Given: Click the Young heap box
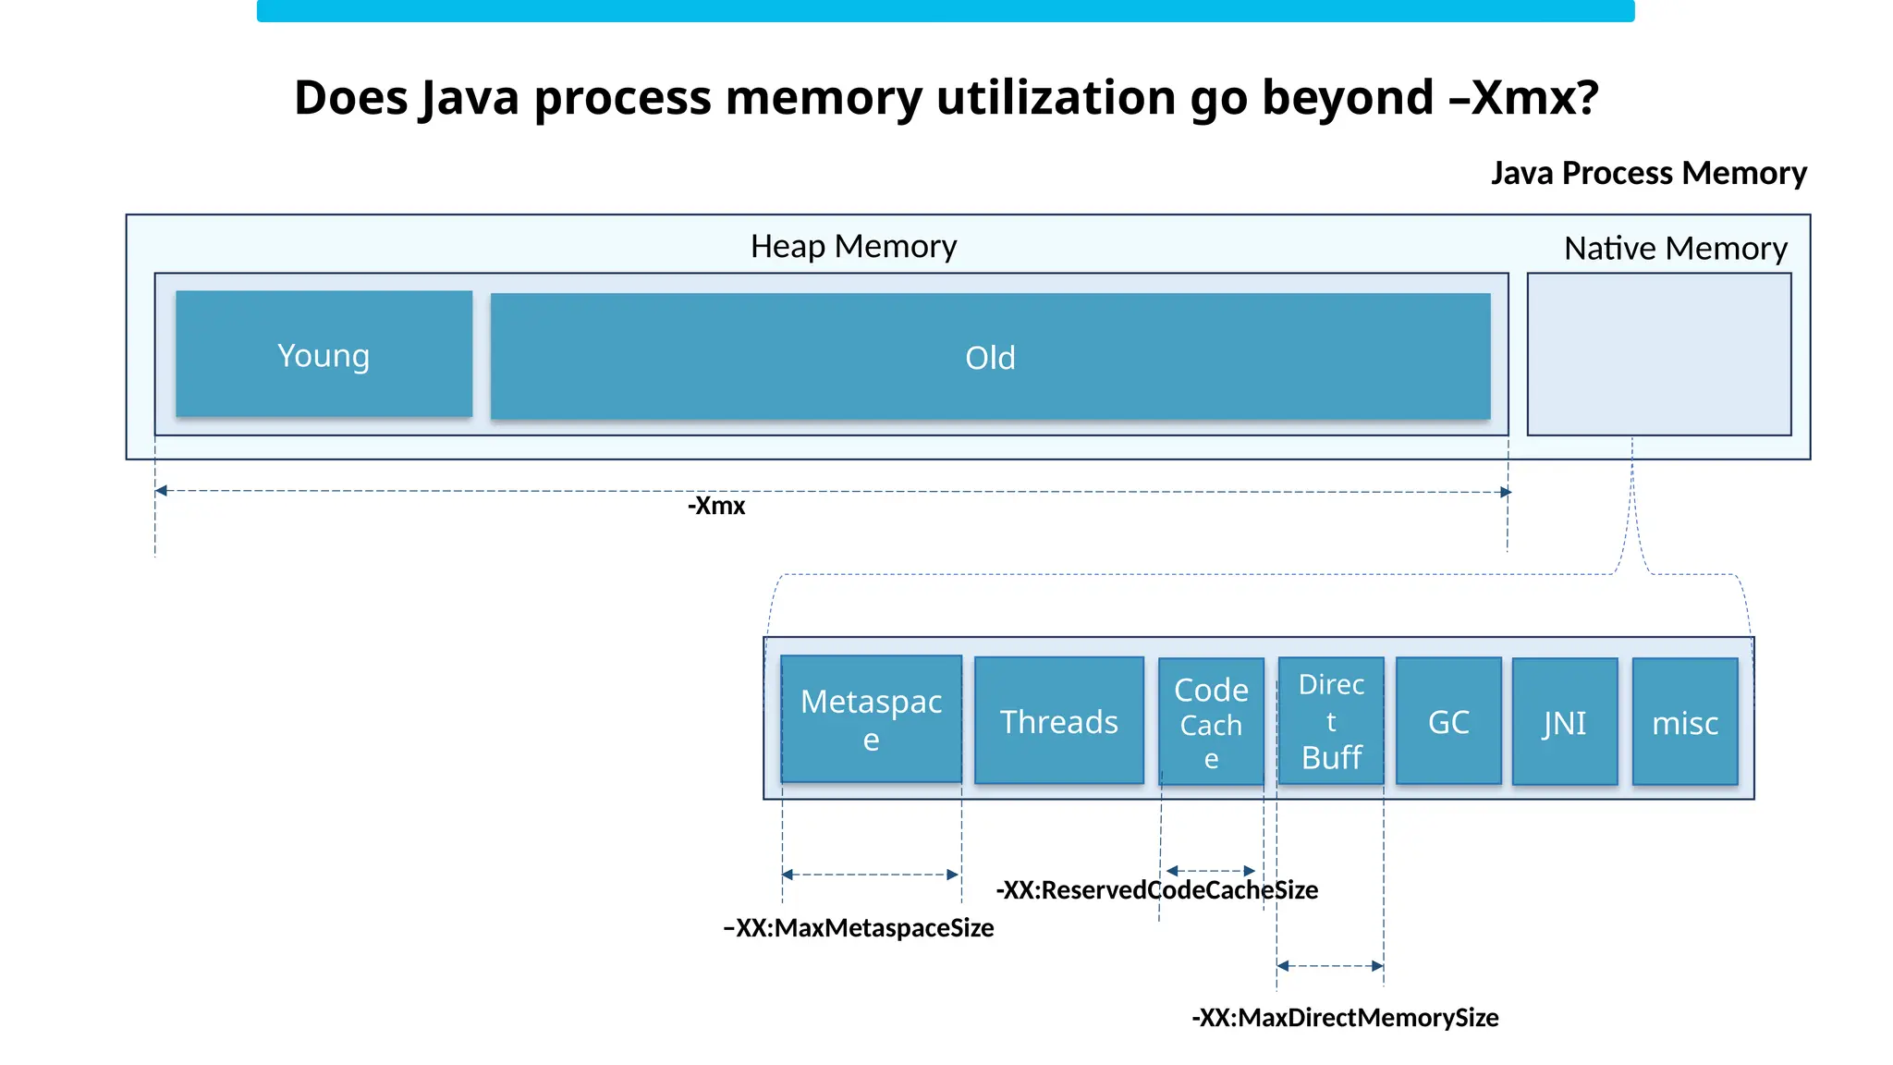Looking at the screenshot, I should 324,354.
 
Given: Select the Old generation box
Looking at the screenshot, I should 990,357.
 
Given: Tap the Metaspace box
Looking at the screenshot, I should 871,719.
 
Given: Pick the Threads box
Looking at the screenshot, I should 1059,721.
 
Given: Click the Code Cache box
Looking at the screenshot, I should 1211,722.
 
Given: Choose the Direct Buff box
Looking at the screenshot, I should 1331,721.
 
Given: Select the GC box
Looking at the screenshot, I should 1448,721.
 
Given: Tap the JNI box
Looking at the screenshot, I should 1565,722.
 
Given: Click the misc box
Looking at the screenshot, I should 1685,722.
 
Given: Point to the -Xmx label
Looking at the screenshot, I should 716,506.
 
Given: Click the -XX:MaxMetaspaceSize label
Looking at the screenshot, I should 859,927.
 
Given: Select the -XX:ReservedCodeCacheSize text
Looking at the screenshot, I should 1156,889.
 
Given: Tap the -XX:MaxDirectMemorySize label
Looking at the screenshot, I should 1345,1017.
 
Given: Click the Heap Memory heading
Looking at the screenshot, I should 853,246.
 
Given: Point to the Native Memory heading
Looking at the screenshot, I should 1675,248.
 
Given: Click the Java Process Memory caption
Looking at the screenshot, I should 1648,173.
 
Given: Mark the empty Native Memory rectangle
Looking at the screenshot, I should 1659,354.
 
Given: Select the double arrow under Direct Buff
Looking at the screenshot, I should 1330,966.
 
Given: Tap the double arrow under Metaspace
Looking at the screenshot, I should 870,875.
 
